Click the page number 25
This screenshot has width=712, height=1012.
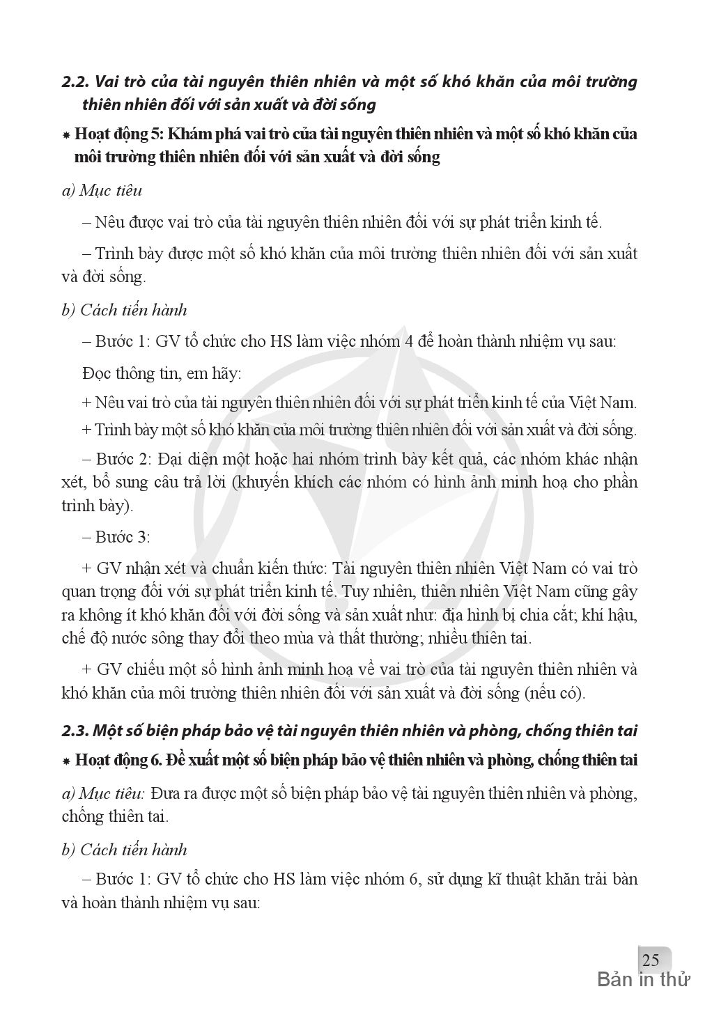point(651,960)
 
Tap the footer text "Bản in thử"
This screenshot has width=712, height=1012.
point(644,980)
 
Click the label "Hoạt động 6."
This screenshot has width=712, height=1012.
point(118,760)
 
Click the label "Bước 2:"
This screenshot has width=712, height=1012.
point(123,460)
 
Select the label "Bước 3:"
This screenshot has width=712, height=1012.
point(123,537)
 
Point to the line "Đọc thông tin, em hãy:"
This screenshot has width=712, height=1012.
point(162,373)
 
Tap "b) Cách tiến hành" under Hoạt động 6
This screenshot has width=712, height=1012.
point(125,850)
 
